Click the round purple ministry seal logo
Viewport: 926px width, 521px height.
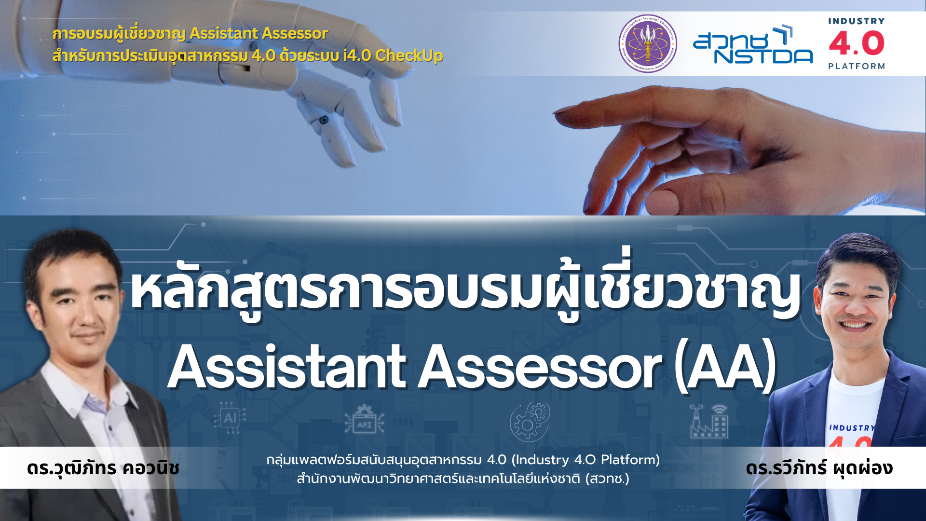[x=648, y=43]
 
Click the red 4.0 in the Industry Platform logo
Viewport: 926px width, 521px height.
[x=857, y=43]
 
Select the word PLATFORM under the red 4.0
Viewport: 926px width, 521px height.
[x=857, y=66]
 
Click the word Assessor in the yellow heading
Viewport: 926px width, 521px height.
[x=292, y=33]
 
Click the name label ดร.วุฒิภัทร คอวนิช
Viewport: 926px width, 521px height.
[x=103, y=468]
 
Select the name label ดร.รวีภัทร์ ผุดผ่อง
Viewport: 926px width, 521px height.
[x=819, y=468]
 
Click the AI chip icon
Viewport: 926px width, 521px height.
[x=230, y=418]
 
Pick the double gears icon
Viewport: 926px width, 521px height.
[x=530, y=422]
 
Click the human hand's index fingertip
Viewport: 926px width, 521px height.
[x=560, y=111]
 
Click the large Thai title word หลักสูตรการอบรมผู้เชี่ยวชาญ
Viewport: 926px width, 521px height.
[x=466, y=289]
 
